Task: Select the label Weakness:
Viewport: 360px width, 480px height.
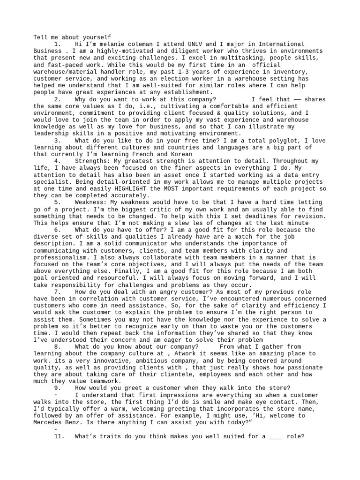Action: pos(92,202)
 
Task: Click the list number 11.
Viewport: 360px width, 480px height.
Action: pos(60,436)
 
